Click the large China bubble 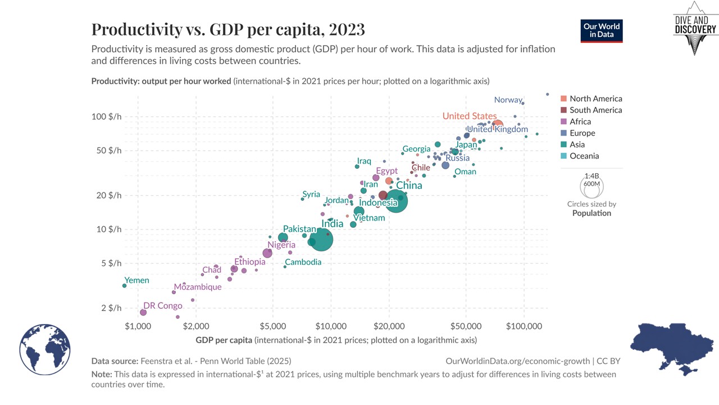[x=396, y=201]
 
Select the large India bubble [x=321, y=239]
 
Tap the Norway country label [x=508, y=100]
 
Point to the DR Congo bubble [x=143, y=312]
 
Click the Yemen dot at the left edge [x=124, y=286]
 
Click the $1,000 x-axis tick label [x=135, y=327]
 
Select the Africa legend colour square [x=564, y=121]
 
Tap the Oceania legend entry [x=584, y=156]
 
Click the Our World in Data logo [x=602, y=31]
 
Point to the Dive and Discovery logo [x=695, y=28]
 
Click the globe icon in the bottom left [x=45, y=349]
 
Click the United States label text [x=470, y=116]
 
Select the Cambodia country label [x=303, y=262]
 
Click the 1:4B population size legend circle [x=591, y=187]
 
